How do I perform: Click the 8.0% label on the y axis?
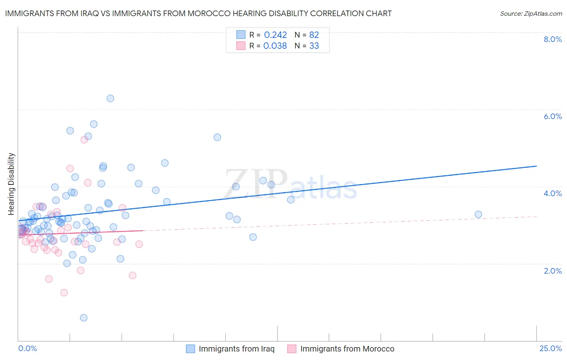tap(552, 39)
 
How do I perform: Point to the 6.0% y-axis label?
tap(552, 116)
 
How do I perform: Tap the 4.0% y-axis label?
tap(552, 193)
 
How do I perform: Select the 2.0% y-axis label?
tap(552, 271)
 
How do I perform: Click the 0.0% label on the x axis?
tap(27, 348)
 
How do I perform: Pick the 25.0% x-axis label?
tap(550, 348)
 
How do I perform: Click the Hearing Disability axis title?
tap(11, 184)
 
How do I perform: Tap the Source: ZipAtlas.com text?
tap(531, 14)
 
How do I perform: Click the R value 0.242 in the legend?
tap(275, 35)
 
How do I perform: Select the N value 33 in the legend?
tap(314, 46)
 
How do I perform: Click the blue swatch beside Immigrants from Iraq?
tap(190, 349)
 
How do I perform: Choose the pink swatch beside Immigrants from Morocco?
tap(292, 349)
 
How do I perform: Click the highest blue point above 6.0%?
tap(110, 98)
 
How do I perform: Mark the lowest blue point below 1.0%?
tap(83, 318)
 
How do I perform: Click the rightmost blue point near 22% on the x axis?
tap(478, 214)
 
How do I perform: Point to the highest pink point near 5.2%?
tap(84, 140)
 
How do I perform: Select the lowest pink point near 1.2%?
tap(64, 293)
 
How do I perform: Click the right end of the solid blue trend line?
tap(536, 166)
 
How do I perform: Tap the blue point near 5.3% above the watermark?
tap(217, 137)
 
